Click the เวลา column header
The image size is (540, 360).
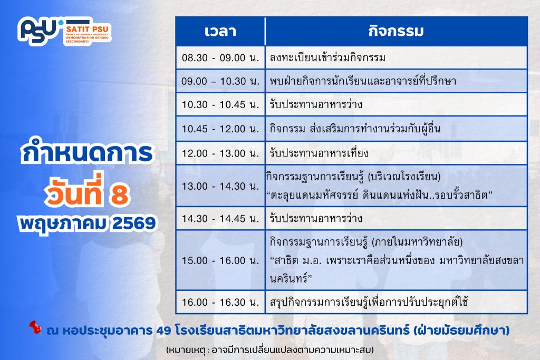coord(220,31)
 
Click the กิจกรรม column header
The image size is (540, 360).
coord(396,31)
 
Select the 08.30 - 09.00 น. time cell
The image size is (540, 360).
coord(220,57)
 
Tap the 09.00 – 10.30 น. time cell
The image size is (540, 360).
coord(220,81)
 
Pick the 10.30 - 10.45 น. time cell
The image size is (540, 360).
coord(220,104)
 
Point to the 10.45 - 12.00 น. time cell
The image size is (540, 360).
coord(220,129)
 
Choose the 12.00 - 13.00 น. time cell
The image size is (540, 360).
coord(220,153)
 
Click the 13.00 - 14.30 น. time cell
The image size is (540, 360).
coord(220,186)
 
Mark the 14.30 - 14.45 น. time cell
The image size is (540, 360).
coord(220,219)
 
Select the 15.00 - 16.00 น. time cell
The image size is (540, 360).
coord(220,260)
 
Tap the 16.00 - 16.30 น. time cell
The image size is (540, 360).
coord(220,302)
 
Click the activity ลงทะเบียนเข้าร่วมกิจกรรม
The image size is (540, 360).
coord(327,57)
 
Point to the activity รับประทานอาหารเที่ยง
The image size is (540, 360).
coord(319,153)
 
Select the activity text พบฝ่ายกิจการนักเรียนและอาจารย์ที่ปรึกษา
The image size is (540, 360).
coord(363,81)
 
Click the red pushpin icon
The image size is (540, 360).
coord(35,327)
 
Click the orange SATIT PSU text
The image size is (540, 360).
coord(87,29)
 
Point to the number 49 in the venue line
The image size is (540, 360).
coord(163,330)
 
